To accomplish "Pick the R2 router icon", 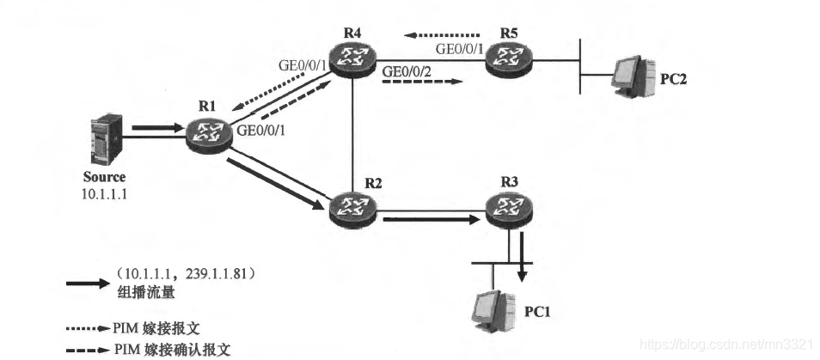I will pyautogui.click(x=353, y=206).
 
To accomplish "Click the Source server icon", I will pyautogui.click(x=102, y=140).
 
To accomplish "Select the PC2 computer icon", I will pyautogui.click(x=630, y=73).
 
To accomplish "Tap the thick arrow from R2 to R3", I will pyautogui.click(x=430, y=219).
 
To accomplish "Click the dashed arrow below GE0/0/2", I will pyautogui.click(x=422, y=84).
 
